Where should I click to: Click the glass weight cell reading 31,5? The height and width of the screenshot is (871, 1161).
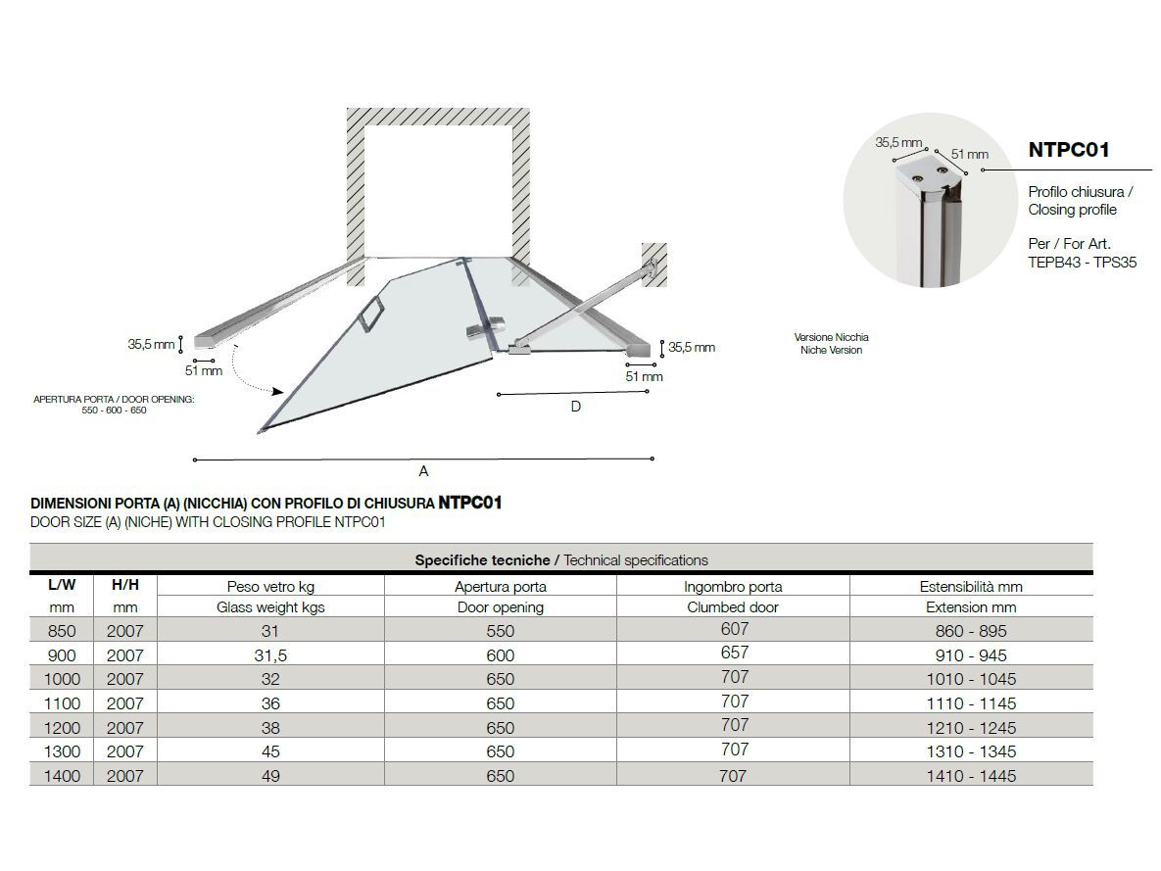270,655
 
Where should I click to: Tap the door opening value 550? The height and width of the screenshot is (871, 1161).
500,632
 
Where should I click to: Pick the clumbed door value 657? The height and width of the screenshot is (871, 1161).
734,653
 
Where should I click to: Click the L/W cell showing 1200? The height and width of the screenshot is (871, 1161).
62,728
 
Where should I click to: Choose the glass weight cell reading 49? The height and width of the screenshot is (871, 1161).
270,776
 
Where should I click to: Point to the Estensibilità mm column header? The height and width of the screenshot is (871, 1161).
970,587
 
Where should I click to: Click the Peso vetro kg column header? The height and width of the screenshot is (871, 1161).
270,587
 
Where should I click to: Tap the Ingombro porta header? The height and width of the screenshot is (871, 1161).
733,587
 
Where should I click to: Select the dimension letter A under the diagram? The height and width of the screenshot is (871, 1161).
423,471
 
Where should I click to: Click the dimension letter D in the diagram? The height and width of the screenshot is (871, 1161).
575,407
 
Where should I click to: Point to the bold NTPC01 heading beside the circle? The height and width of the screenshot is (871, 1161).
1069,150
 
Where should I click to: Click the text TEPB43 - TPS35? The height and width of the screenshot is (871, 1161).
1082,263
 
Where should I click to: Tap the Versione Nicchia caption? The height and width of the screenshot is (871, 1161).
831,337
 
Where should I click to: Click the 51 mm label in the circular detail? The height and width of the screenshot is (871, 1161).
969,154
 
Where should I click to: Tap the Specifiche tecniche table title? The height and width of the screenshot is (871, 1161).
560,560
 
